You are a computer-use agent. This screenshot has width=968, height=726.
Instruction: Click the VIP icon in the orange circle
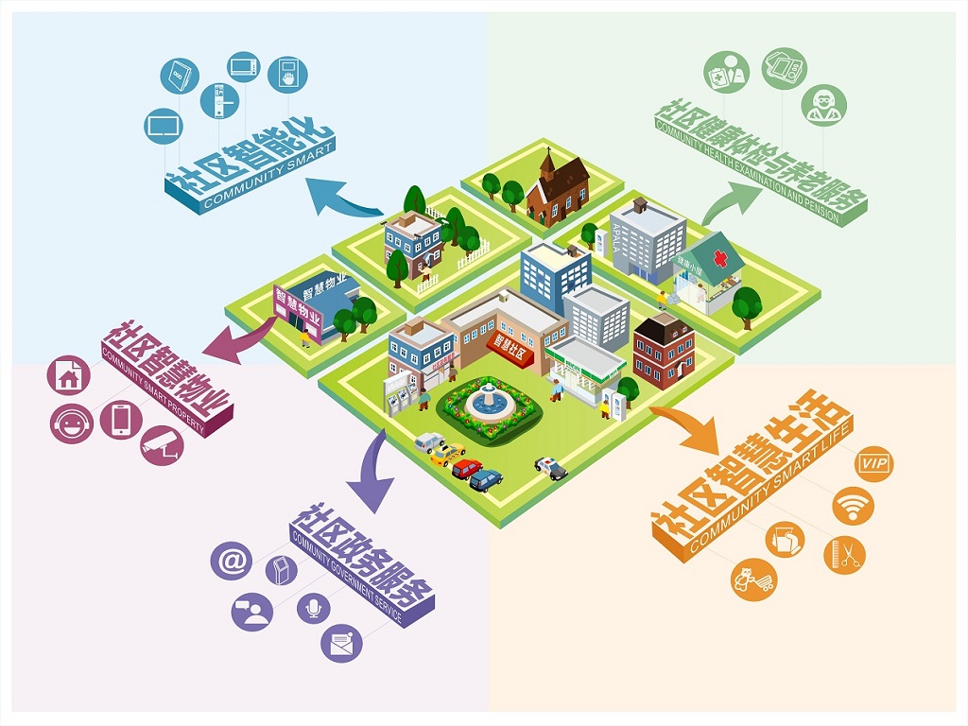tap(873, 464)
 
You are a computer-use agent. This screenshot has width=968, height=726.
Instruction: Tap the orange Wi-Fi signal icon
tap(853, 505)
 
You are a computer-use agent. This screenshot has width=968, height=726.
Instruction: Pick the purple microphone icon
tap(314, 607)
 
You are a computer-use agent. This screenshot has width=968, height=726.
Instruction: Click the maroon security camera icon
tap(162, 444)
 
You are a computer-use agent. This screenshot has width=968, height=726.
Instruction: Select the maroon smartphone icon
tap(121, 420)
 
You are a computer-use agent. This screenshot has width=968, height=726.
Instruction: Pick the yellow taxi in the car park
tap(444, 455)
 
